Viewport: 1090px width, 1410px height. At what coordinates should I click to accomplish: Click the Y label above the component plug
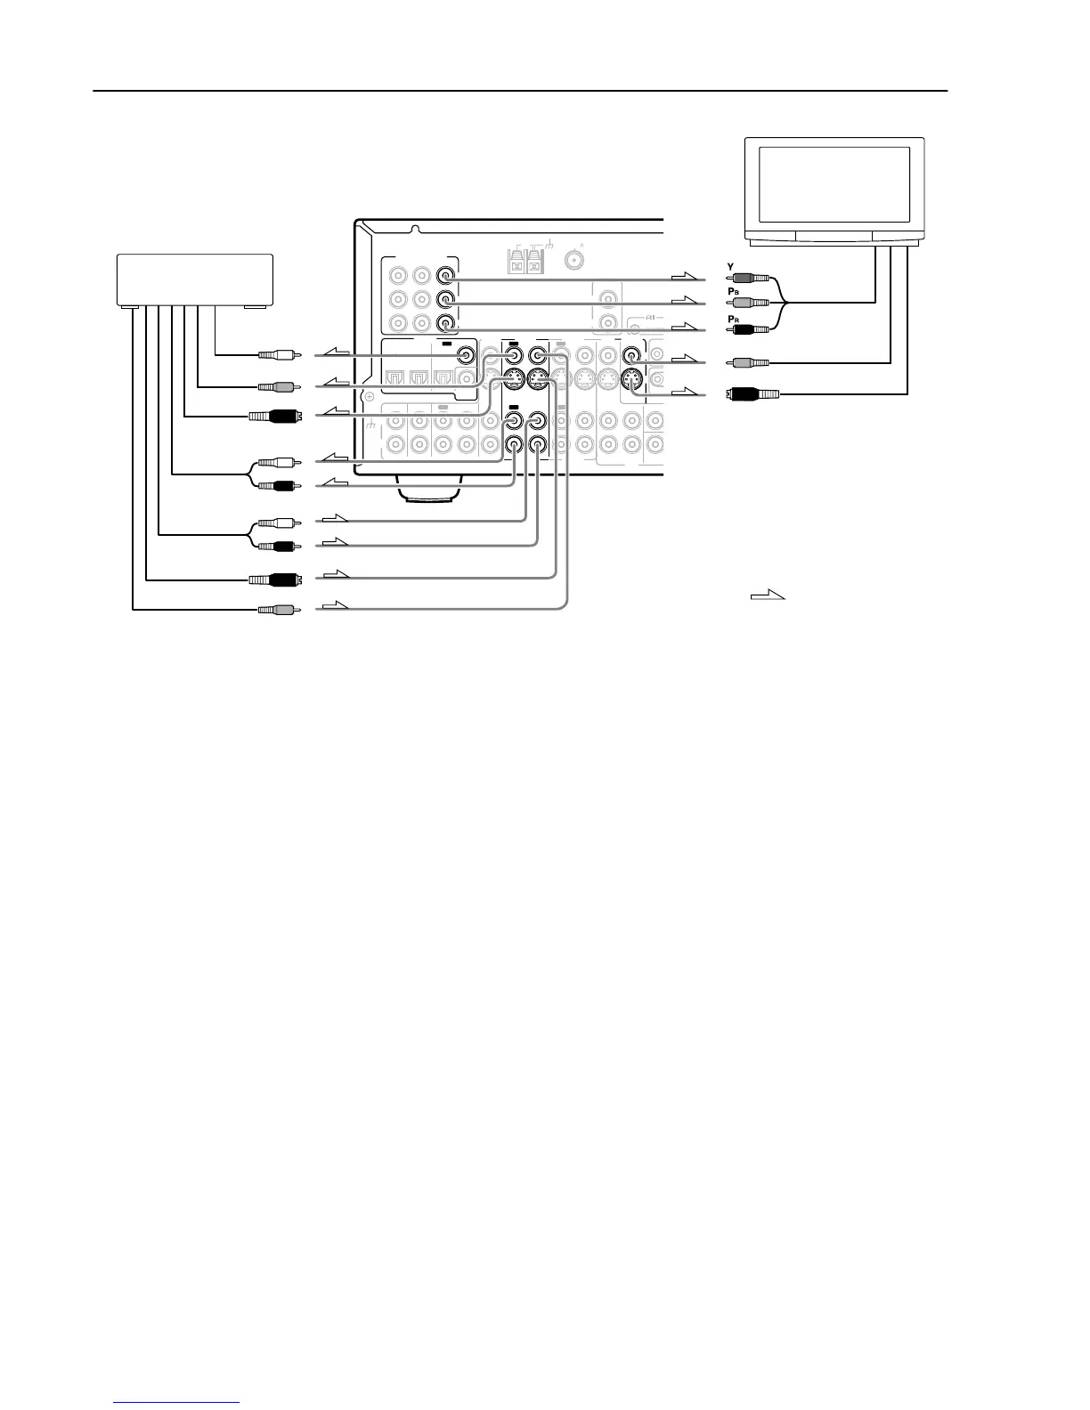(731, 267)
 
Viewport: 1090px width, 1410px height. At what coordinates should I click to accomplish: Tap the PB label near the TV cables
(733, 291)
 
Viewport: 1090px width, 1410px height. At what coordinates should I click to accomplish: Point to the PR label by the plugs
(733, 318)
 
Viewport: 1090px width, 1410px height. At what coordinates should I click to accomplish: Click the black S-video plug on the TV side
(752, 393)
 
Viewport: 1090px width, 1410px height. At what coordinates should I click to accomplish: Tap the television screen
(834, 185)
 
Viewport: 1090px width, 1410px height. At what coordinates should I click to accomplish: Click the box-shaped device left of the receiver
(195, 280)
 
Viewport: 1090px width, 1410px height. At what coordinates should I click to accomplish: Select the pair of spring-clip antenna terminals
(524, 263)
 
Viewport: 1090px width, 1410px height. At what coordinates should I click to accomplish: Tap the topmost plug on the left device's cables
(276, 355)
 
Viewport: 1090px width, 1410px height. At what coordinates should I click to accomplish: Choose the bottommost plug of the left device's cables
(276, 610)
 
